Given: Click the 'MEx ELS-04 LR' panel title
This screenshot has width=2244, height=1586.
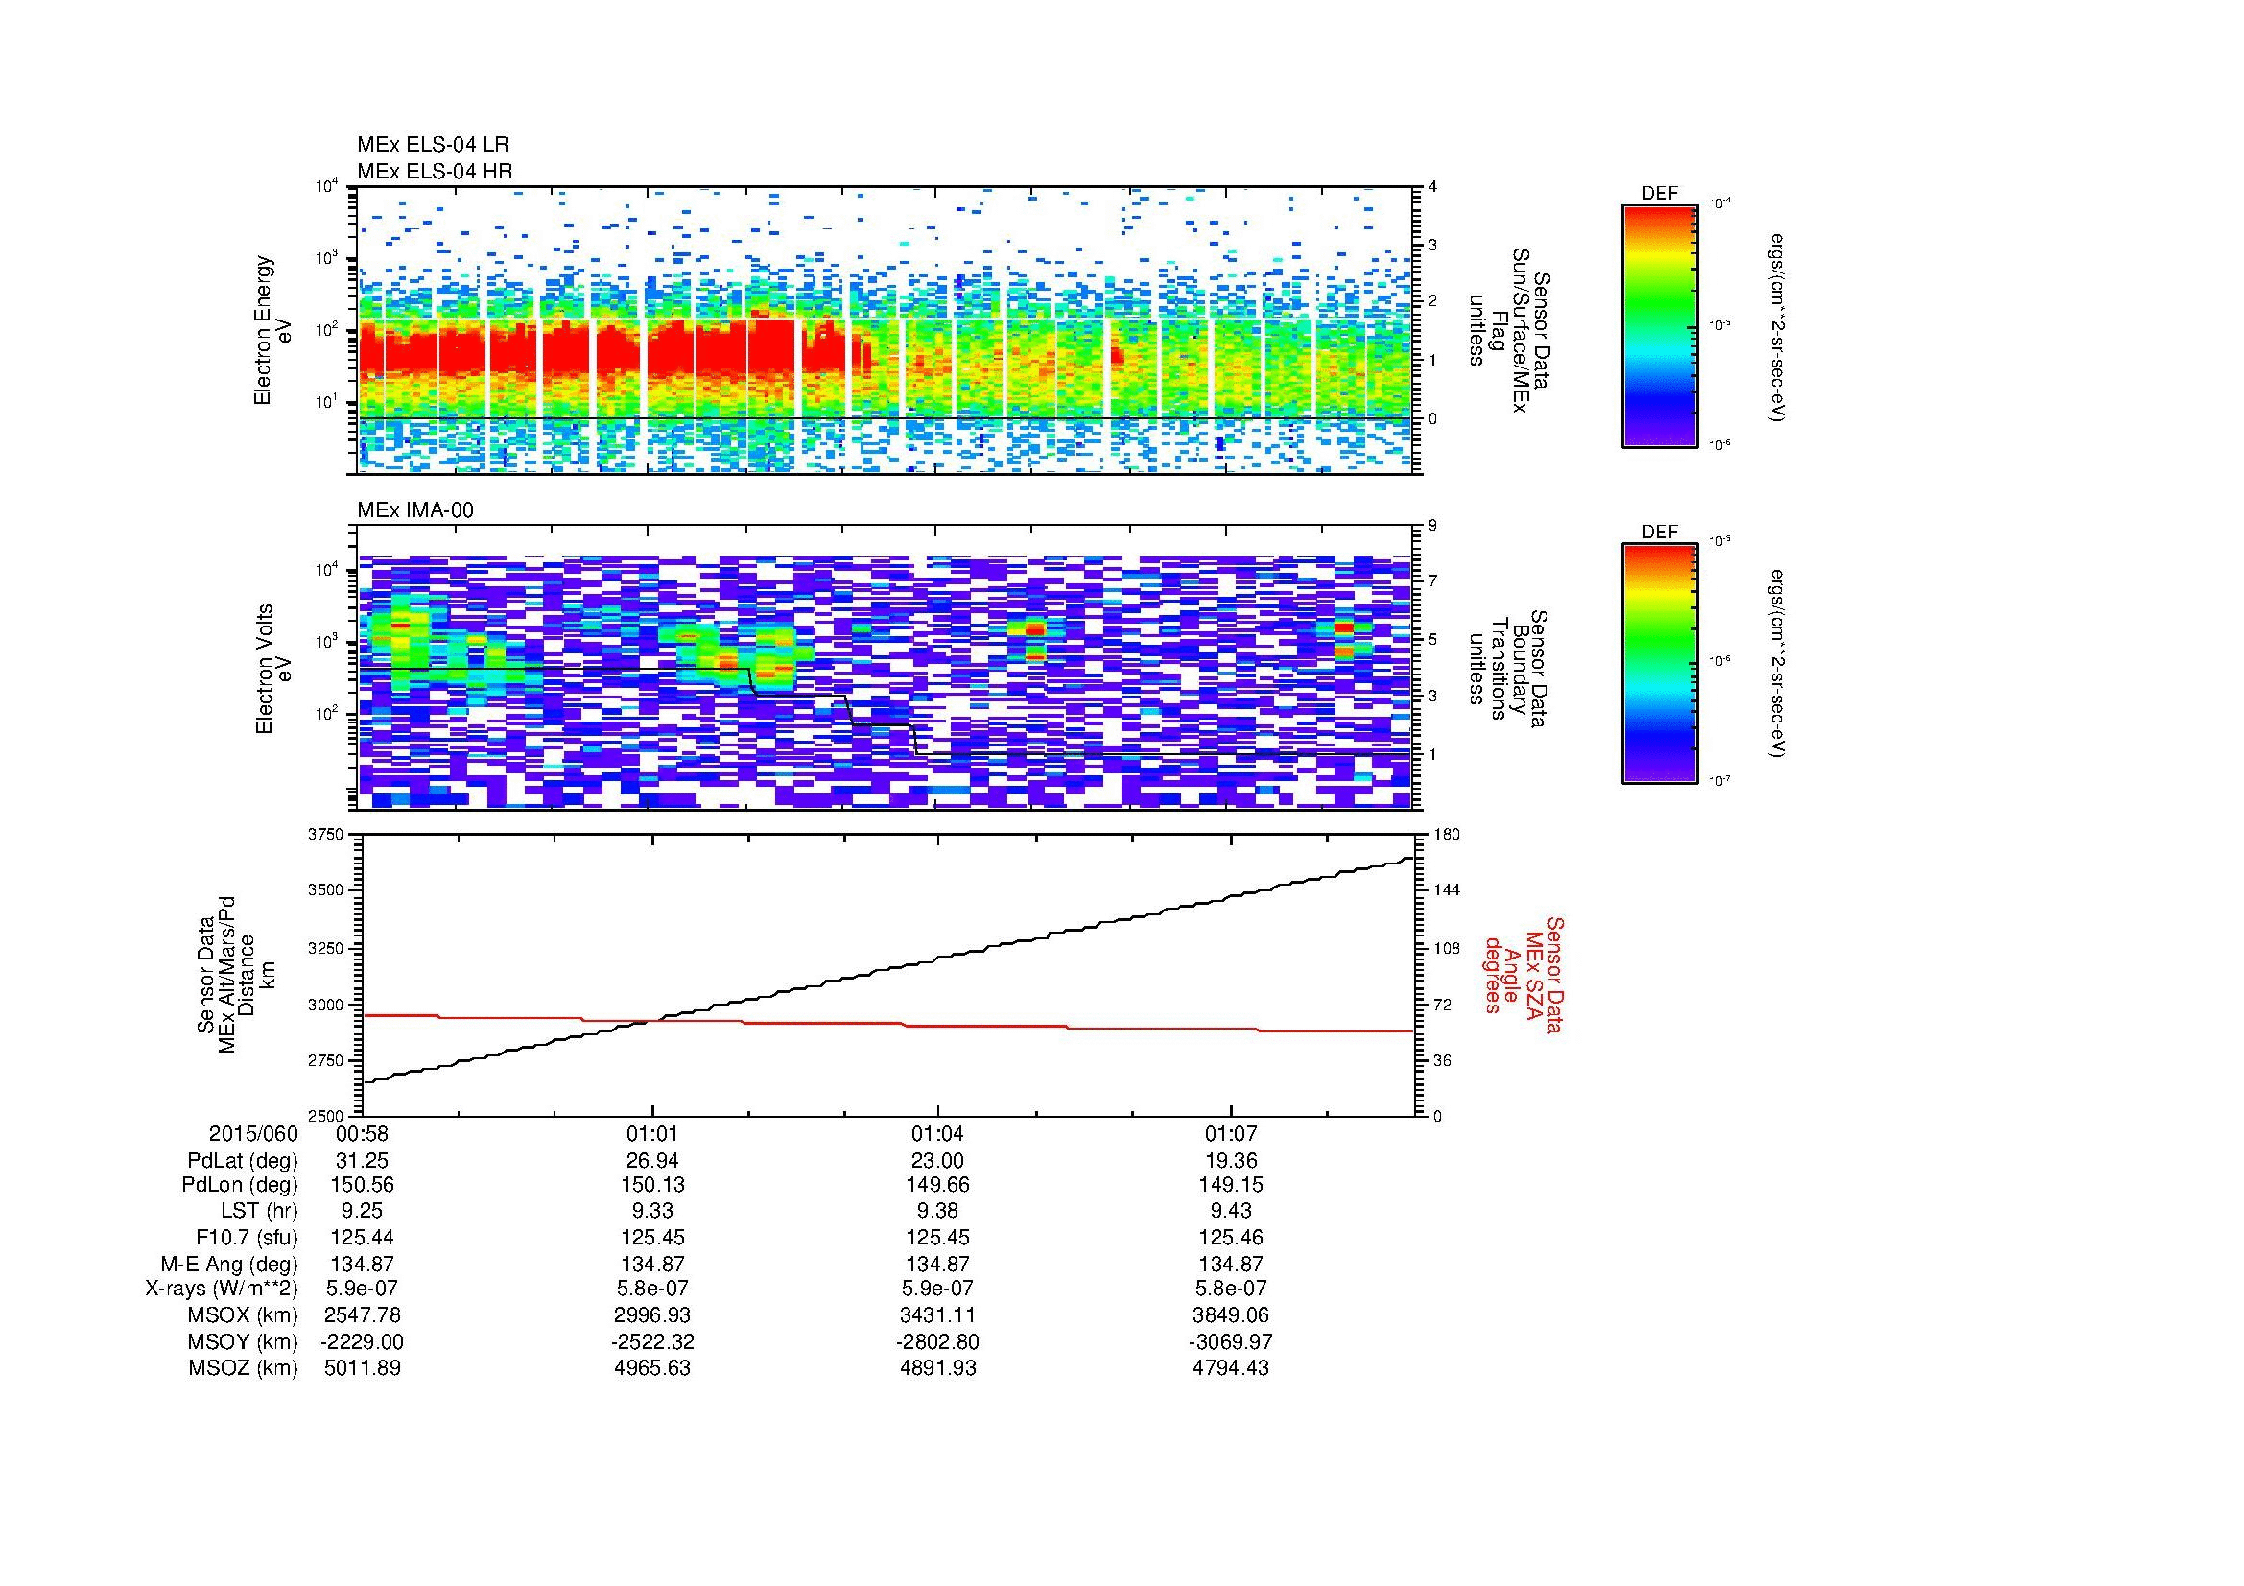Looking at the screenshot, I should tap(432, 145).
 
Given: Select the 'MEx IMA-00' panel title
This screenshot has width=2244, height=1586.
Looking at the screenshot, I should tap(415, 510).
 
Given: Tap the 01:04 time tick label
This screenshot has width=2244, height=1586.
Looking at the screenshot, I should tap(937, 1134).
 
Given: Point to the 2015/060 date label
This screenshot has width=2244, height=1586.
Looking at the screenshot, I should tap(253, 1134).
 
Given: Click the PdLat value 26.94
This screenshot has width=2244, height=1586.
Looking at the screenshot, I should tap(651, 1160).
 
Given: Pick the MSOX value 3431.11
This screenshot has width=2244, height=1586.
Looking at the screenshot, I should tap(937, 1315).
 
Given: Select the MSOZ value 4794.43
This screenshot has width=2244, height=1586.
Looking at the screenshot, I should tap(1231, 1368).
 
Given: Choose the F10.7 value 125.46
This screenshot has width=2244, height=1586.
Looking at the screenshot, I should tap(1231, 1237).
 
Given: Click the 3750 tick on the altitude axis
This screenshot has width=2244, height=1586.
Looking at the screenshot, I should tap(327, 835).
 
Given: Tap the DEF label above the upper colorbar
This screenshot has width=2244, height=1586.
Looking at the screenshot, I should tap(1660, 194).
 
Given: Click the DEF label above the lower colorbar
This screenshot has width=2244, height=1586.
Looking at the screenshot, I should tap(1660, 533).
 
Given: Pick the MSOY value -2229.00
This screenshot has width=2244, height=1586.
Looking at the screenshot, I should tap(363, 1341).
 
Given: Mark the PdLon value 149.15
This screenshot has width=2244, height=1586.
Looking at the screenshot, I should tap(1231, 1185).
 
